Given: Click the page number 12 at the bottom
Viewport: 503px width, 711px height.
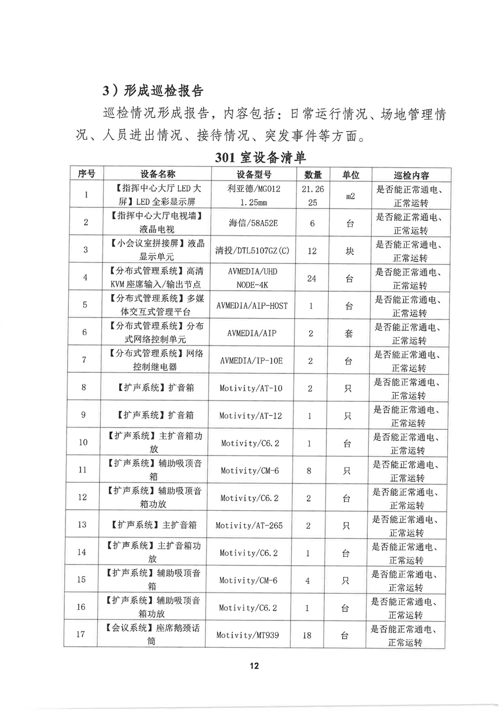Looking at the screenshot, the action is [x=254, y=666].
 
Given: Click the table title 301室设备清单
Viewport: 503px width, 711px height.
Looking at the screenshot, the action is [x=260, y=157].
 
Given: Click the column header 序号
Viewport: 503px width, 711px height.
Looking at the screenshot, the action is [x=86, y=174].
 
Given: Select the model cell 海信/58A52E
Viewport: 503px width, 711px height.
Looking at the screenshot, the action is [x=254, y=222].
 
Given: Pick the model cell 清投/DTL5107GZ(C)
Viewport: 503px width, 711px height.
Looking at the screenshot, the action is [x=253, y=250].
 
